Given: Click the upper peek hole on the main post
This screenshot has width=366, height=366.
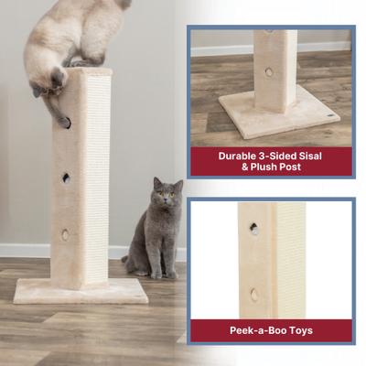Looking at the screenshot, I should point(66,178).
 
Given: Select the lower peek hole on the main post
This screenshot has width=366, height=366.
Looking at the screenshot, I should point(65,234).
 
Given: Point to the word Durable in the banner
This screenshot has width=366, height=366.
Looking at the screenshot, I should point(239,156).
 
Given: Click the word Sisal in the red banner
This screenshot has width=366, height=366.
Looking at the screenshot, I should point(310,156).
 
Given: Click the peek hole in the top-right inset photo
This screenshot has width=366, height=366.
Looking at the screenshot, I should point(268,71).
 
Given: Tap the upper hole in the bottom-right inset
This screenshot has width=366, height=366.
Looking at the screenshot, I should point(254,228).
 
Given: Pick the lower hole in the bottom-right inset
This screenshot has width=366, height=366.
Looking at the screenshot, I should point(253,295).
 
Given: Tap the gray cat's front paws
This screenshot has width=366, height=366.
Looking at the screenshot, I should point(157,273).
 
